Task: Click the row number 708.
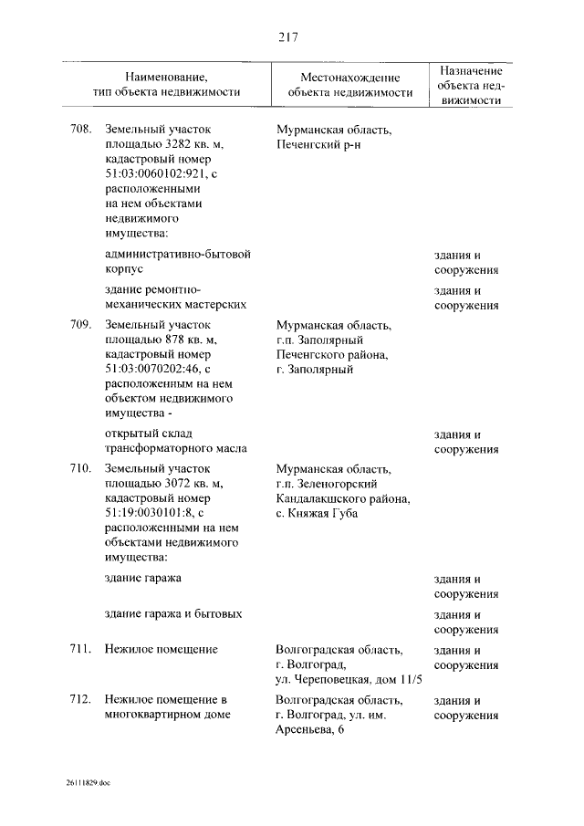(x=80, y=131)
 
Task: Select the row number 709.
(x=80, y=324)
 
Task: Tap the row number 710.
(x=80, y=468)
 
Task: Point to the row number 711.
(x=80, y=649)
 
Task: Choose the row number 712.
(x=80, y=699)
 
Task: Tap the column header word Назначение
(x=470, y=70)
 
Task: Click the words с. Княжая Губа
(x=317, y=513)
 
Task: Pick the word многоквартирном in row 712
(x=161, y=715)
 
